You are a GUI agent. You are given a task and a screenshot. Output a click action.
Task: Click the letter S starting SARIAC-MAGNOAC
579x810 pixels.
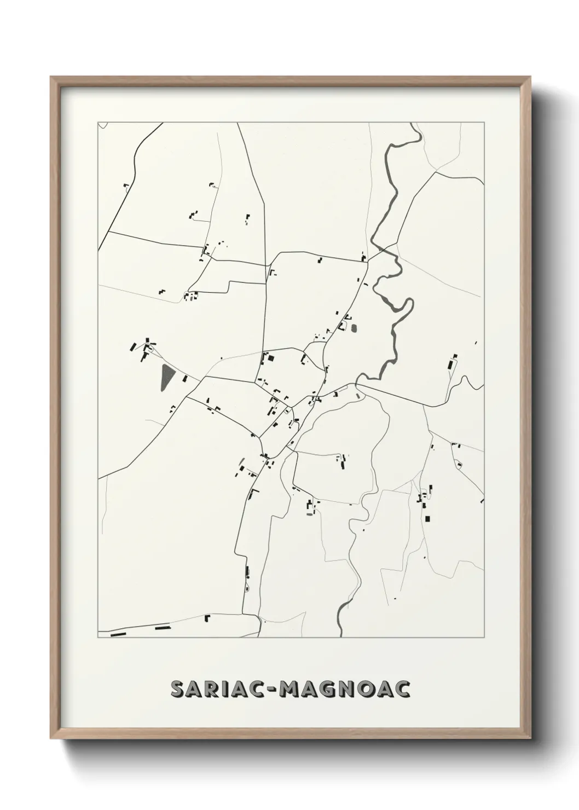pos(178,689)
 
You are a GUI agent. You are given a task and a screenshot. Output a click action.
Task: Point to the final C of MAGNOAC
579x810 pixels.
pos(403,689)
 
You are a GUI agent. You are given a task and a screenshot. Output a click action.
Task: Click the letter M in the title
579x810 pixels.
pos(288,689)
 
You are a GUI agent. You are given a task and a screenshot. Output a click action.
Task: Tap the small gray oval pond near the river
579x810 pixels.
pos(353,329)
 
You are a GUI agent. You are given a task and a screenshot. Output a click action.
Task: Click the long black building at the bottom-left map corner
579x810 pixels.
pos(118,634)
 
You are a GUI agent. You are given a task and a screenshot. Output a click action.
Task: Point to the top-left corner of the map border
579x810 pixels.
pos(98,123)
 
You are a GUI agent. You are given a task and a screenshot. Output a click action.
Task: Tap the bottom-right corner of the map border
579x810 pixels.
pos(485,638)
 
